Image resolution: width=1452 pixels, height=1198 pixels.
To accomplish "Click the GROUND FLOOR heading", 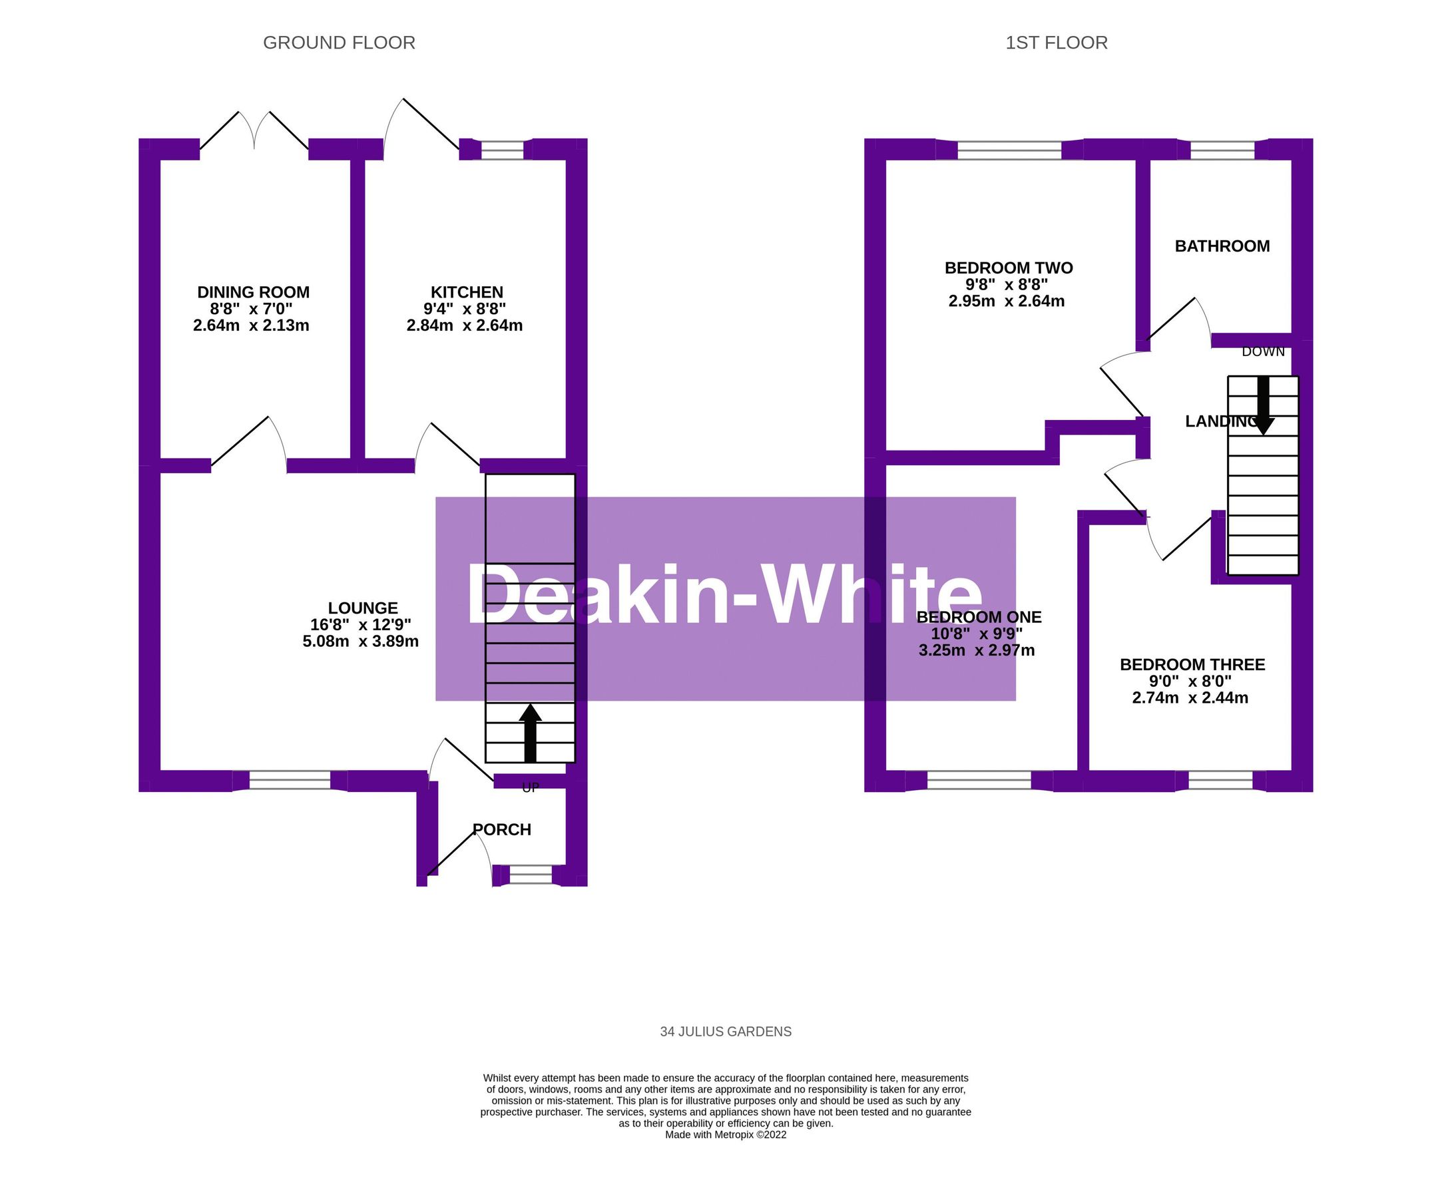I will [339, 43].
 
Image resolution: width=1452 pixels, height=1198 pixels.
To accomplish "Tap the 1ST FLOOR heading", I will [1056, 43].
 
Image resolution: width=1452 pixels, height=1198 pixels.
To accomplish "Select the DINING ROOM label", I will [253, 292].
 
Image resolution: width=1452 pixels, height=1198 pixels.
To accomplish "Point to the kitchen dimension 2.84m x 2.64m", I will [465, 325].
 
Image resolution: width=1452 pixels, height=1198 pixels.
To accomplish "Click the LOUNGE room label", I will [362, 608].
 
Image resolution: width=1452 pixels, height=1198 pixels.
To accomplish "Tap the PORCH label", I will [503, 829].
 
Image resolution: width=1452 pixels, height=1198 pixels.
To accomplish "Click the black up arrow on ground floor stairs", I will [530, 733].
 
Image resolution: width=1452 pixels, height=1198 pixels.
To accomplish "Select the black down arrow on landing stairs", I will [1263, 406].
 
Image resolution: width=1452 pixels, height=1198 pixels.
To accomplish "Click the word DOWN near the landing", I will [1263, 352].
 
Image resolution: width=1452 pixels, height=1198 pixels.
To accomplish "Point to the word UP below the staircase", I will [530, 788].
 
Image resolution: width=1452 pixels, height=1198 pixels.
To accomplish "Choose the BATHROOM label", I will [1222, 246].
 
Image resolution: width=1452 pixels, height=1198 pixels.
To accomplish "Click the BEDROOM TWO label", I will [1008, 268].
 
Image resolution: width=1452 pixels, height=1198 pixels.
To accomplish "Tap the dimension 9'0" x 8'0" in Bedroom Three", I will [1190, 681].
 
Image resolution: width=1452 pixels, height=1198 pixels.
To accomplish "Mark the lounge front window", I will [290, 781].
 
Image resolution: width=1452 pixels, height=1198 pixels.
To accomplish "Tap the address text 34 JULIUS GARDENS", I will [725, 1032].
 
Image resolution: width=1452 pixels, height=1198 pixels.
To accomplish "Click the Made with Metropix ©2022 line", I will [725, 1135].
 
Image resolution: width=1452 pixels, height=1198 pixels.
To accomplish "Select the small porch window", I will [531, 876].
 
